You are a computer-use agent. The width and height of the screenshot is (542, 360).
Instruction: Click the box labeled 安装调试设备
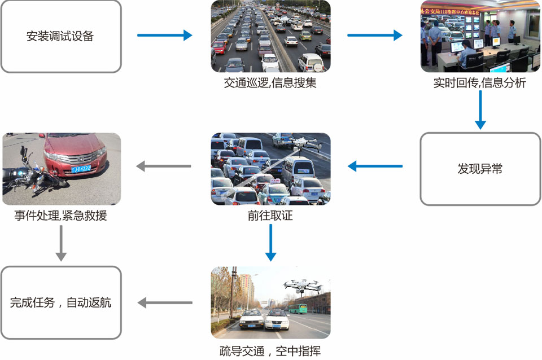61,36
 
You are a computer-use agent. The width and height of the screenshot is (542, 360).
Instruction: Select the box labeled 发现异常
480,168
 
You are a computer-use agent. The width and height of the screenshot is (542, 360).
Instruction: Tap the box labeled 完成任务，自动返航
61,302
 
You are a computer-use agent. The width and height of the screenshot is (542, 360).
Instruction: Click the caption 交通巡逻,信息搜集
270,84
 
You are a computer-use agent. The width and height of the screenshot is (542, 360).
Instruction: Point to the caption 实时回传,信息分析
480,84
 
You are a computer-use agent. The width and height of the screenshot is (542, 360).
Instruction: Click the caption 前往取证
270,216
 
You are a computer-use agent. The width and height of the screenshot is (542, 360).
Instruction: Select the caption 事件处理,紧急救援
61,216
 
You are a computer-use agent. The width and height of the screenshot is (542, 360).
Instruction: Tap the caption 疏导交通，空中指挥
270,350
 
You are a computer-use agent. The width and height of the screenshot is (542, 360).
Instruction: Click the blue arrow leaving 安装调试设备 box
164,36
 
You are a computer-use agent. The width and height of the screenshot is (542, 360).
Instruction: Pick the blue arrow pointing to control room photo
374,36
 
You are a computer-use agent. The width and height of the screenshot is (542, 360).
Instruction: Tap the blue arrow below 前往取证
271,243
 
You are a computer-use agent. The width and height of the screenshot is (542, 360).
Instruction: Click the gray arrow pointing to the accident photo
164,166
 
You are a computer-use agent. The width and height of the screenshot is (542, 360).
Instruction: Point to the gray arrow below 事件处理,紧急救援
61,243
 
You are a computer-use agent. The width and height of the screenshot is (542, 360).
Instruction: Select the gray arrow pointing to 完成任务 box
164,302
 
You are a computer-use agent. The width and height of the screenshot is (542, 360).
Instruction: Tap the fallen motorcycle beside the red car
28,172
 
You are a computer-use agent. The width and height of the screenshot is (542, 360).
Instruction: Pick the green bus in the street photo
298,308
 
